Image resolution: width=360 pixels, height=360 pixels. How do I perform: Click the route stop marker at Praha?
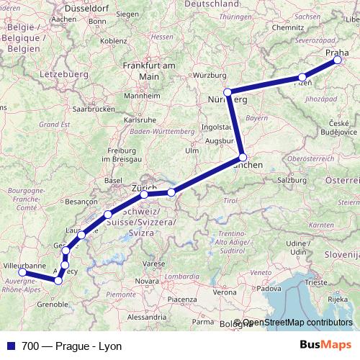pyautogui.click(x=337, y=60)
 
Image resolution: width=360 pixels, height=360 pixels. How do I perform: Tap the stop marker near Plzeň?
pyautogui.click(x=302, y=77)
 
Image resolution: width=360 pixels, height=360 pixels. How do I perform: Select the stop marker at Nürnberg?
pyautogui.click(x=228, y=92)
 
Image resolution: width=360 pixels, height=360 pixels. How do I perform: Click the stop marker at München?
pyautogui.click(x=243, y=157)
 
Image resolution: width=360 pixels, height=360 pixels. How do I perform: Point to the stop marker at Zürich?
pyautogui.click(x=144, y=194)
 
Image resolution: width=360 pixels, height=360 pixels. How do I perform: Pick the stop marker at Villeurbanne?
pyautogui.click(x=22, y=272)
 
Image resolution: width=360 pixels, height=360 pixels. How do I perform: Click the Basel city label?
pyautogui.click(x=113, y=179)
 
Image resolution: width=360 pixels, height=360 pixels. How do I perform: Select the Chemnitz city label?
pyautogui.click(x=289, y=28)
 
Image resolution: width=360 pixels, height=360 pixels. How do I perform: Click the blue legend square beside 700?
pyautogui.click(x=10, y=346)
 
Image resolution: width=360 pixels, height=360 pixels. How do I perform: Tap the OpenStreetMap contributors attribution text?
pyautogui.click(x=297, y=323)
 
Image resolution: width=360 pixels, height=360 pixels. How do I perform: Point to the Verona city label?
pyautogui.click(x=224, y=292)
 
